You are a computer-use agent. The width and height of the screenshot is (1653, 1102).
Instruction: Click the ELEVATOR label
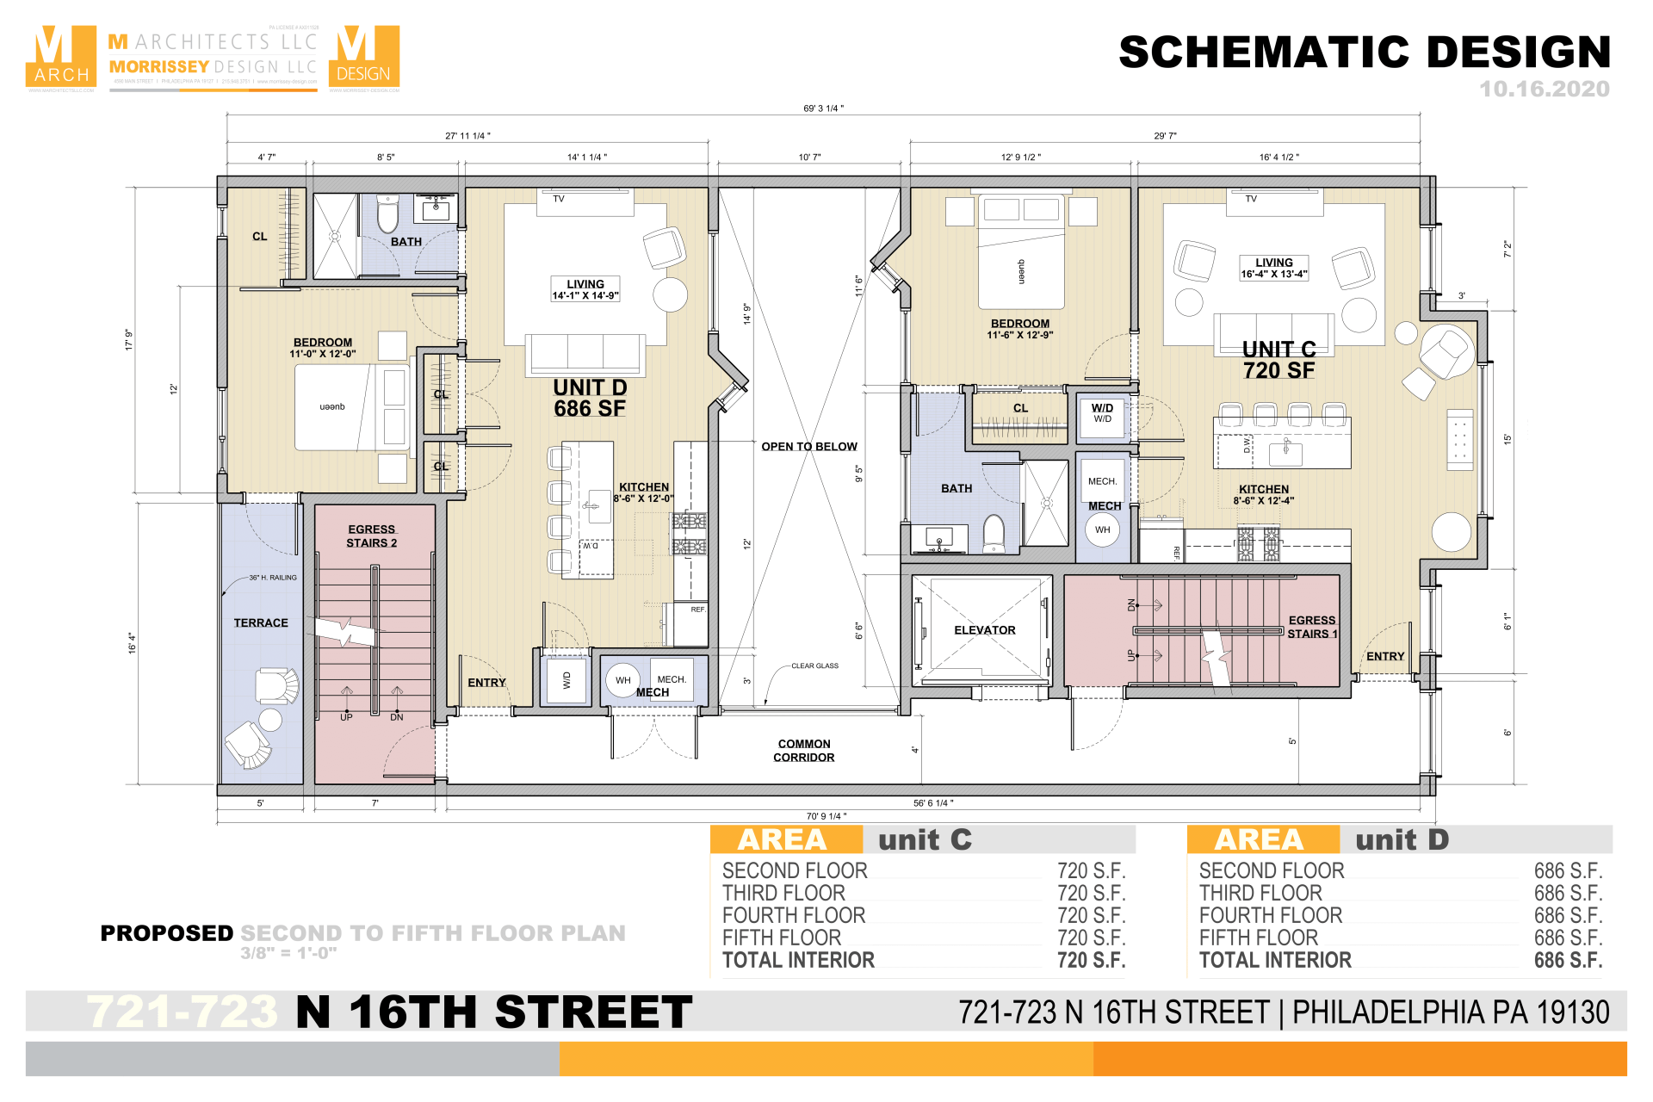pyautogui.click(x=984, y=630)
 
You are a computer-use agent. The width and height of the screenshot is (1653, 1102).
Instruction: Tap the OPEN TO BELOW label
pyautogui.click(x=808, y=447)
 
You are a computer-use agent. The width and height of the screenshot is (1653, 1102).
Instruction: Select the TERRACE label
pyautogui.click(x=261, y=622)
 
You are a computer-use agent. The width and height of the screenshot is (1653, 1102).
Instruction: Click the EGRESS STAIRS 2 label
pyautogui.click(x=371, y=536)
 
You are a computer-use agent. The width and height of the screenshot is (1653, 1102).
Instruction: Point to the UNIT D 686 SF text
pyautogui.click(x=590, y=399)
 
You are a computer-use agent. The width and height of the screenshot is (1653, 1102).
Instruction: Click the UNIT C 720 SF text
pyautogui.click(x=1278, y=360)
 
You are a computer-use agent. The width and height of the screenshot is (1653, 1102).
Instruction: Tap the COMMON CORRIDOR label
pyautogui.click(x=803, y=751)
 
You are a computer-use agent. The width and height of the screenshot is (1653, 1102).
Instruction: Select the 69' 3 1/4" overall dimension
pyautogui.click(x=823, y=108)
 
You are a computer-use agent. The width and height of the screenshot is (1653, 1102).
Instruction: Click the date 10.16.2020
pyautogui.click(x=1544, y=89)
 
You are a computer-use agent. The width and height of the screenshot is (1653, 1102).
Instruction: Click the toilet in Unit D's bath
pyautogui.click(x=387, y=214)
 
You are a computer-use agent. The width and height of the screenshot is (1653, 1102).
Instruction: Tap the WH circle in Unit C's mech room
pyautogui.click(x=1102, y=529)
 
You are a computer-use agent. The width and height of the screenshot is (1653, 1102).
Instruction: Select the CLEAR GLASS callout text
pyautogui.click(x=814, y=666)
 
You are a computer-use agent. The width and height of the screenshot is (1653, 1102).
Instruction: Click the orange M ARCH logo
pyautogui.click(x=61, y=57)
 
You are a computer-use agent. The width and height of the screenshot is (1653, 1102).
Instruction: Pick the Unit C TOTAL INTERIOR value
pyautogui.click(x=1091, y=960)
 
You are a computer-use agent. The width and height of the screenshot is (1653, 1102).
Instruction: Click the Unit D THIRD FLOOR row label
pyautogui.click(x=1260, y=893)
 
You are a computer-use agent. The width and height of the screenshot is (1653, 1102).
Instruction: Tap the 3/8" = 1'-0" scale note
pyautogui.click(x=288, y=953)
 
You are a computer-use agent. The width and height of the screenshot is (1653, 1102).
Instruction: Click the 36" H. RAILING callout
pyautogui.click(x=272, y=578)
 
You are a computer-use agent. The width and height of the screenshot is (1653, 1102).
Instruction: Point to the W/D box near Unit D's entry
pyautogui.click(x=566, y=680)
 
